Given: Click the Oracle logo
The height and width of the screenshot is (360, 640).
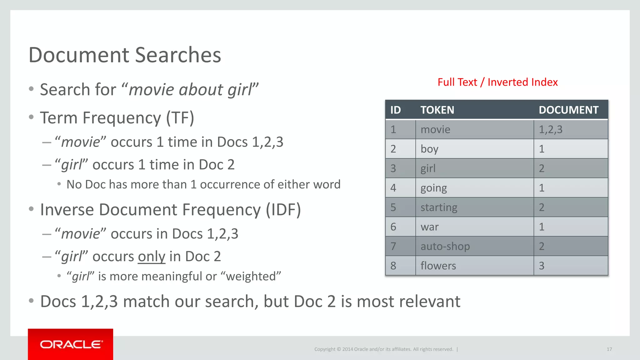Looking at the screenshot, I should (71, 344).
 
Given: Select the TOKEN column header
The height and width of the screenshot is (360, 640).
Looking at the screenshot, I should (437, 110).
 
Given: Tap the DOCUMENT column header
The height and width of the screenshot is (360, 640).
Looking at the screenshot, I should (568, 110).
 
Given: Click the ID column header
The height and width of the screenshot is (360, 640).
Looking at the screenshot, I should (395, 110).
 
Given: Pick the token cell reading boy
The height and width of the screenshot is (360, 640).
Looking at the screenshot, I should (429, 149).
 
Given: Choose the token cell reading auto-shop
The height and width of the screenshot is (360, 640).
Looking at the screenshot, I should (445, 246).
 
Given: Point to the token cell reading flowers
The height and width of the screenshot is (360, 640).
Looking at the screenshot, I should (438, 266).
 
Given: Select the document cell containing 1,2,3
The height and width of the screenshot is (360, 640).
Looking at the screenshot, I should (551, 129).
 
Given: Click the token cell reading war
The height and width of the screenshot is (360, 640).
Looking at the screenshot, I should (430, 227).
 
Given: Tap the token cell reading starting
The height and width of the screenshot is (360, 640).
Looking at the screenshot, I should (439, 207).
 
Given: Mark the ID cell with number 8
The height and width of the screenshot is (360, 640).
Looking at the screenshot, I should (393, 266).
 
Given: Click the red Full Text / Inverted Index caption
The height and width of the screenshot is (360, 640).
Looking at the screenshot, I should (497, 82).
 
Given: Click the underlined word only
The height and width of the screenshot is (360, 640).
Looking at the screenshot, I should (151, 257).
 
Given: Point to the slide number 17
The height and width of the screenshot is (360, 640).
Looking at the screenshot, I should (609, 349).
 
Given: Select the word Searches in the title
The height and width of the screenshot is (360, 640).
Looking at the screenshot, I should (178, 55).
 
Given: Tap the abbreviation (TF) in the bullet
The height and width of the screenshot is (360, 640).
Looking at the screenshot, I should (180, 118).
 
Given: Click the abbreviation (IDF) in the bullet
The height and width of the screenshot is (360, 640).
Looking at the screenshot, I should (283, 210).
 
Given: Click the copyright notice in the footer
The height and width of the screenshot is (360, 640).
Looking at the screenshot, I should (383, 349).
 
